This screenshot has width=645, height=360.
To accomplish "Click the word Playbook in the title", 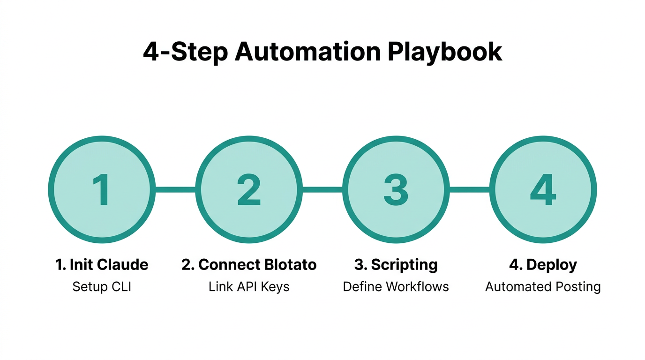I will click(445, 52).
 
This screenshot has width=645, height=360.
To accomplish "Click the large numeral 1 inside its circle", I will click(102, 190).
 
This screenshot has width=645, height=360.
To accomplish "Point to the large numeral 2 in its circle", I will click(249, 190).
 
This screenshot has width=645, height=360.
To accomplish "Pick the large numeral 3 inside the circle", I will click(396, 190).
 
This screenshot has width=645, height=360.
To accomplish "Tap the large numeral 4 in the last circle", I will click(543, 190).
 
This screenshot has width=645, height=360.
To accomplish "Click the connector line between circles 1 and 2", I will click(175, 190).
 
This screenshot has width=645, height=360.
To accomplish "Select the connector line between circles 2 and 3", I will click(322, 190).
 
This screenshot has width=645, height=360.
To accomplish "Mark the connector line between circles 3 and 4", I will click(470, 190).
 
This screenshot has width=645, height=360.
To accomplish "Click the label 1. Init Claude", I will click(102, 265).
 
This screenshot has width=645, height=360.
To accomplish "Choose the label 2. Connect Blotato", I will click(249, 265).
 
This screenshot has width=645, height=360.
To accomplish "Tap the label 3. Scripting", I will click(396, 265).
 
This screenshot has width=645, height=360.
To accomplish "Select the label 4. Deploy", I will click(543, 265).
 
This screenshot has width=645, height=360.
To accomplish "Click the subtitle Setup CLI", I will click(102, 286).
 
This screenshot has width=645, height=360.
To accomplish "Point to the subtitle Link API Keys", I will click(249, 286).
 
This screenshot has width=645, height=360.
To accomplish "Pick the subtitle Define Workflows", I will click(396, 286).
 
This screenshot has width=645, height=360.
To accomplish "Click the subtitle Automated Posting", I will click(543, 286).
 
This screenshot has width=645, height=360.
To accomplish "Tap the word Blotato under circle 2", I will click(290, 265).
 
